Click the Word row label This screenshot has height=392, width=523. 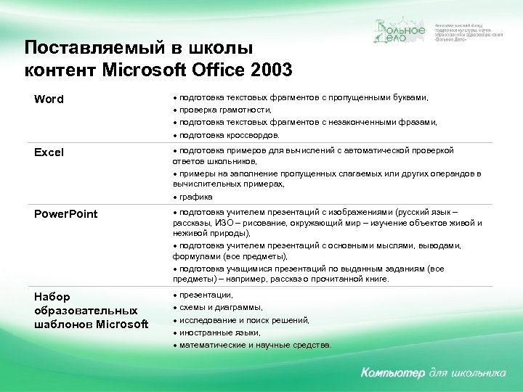click(x=49, y=99)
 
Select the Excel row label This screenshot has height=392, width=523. click(x=49, y=152)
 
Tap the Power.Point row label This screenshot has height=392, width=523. click(x=66, y=214)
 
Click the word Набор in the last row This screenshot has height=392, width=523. click(x=53, y=298)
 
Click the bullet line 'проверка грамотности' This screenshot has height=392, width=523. click(x=225, y=110)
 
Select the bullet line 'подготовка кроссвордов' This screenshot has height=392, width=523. click(x=230, y=135)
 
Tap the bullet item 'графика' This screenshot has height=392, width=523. click(x=196, y=196)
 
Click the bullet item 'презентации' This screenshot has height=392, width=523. click(x=206, y=295)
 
